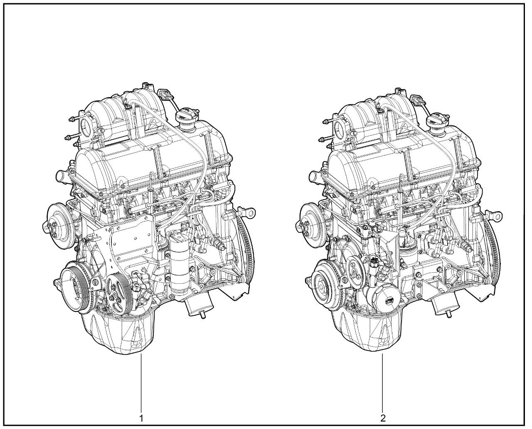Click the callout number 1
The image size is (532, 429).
[141, 418]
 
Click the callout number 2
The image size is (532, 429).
[383, 418]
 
